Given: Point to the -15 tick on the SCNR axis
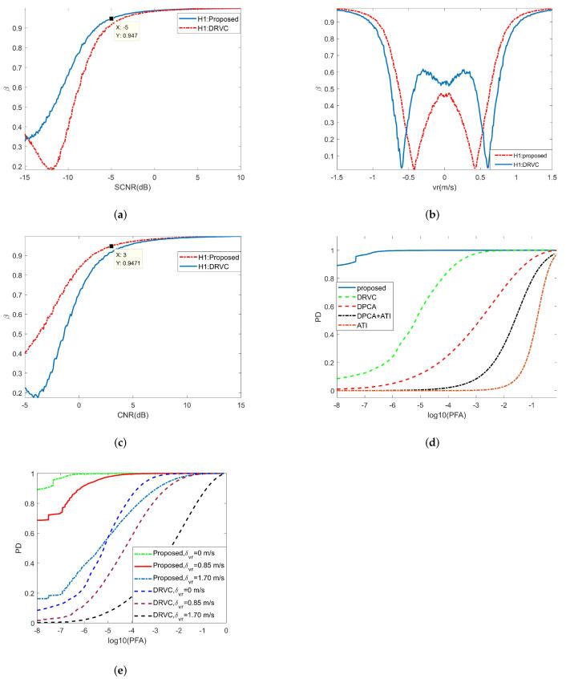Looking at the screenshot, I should click(26, 177).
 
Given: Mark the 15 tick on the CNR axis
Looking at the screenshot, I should click(241, 406).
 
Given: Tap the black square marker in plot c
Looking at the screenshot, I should click(111, 246).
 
